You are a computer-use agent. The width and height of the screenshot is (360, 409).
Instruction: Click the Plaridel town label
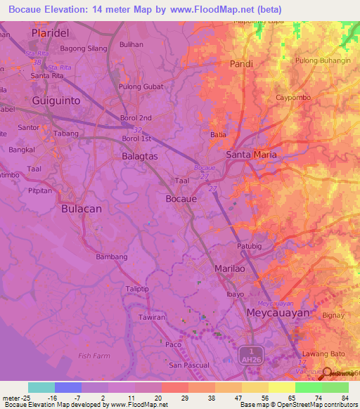(x=53, y=33)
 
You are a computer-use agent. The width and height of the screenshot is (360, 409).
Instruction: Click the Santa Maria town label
(x=251, y=154)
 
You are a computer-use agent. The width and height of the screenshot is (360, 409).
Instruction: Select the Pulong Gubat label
(x=141, y=86)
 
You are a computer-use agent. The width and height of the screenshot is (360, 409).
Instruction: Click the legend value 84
(x=345, y=397)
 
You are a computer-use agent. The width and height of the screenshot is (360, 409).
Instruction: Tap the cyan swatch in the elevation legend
(x=41, y=387)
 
